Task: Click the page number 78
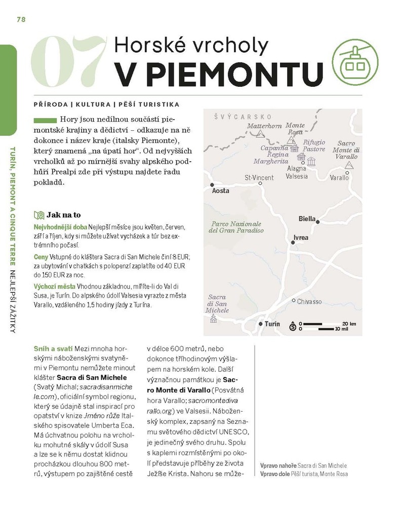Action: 21,19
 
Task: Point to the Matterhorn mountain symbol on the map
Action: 260,134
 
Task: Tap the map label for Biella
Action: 307,219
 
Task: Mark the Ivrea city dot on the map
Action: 293,243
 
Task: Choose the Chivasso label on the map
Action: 309,301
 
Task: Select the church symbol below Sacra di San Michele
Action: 213,319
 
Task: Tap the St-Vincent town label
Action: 259,177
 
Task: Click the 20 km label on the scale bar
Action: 349,323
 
